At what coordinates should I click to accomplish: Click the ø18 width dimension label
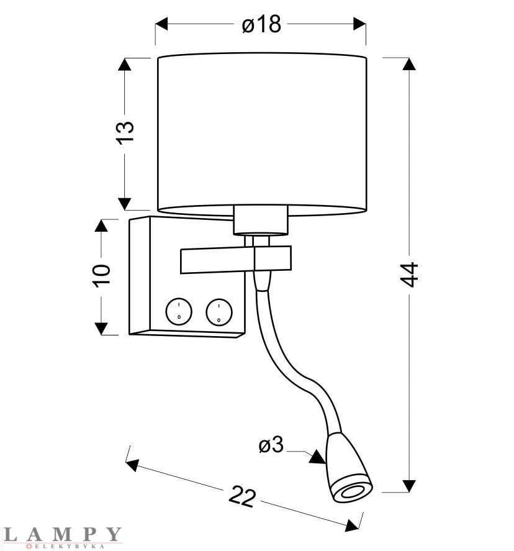coord(261,24)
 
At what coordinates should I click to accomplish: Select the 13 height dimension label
coord(125,132)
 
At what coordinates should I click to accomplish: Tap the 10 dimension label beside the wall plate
coord(102,275)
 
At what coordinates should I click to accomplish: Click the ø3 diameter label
coord(271,445)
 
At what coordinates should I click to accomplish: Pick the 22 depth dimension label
coord(242,497)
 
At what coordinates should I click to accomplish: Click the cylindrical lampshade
coord(261,134)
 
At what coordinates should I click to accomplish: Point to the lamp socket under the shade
coord(261,221)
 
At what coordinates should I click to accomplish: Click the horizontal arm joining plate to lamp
coord(235,258)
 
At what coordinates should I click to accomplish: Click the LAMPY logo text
coord(62,534)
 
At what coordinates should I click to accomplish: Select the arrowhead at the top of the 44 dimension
coord(408,64)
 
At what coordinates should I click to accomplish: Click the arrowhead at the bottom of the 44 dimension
coord(408,485)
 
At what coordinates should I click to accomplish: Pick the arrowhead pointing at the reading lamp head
coord(317,457)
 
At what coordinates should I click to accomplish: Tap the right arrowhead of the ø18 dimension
coord(359,24)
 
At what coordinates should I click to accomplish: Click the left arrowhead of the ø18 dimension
coord(161,24)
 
